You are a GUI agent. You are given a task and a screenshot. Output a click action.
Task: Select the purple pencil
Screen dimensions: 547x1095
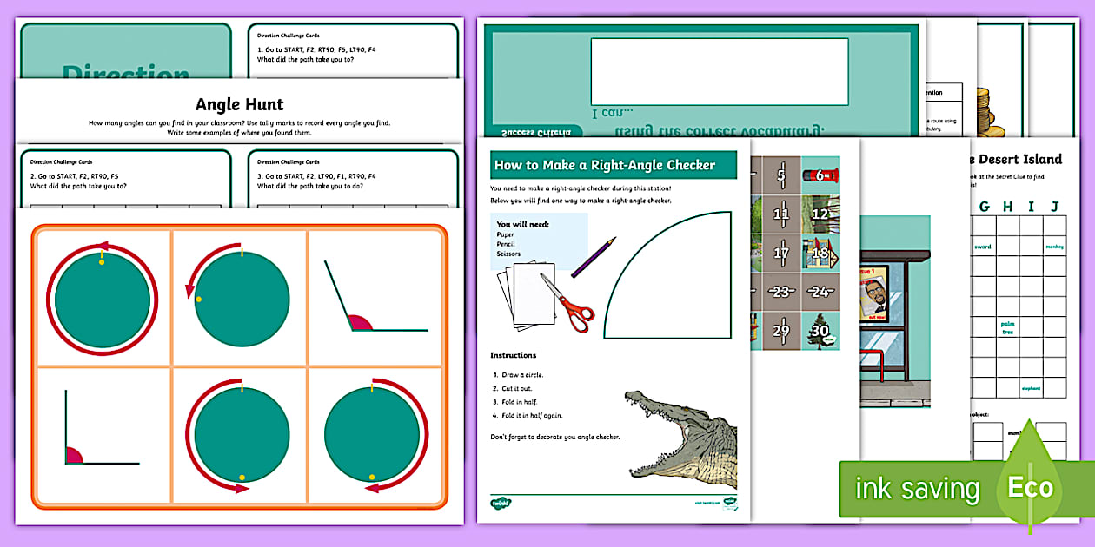coord(594,257)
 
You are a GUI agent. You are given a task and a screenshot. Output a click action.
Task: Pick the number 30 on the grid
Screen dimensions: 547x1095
coord(819,331)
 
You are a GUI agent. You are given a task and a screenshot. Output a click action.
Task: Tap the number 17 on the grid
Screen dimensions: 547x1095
coord(781,254)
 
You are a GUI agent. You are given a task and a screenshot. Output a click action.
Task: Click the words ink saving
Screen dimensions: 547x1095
coord(916,489)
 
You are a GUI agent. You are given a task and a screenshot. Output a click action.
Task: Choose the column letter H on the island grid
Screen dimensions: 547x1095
coord(1007,206)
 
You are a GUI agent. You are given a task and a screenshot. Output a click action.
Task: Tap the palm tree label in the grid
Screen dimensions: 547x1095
coord(1007,328)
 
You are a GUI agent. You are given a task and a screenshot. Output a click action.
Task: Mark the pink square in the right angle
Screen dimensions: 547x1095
coord(73,455)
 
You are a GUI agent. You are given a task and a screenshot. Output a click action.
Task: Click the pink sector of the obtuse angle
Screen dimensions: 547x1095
coord(361,323)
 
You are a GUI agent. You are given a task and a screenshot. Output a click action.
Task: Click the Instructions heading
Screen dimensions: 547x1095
coord(513,355)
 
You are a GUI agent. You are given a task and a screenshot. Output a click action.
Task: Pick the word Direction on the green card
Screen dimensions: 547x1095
coord(125,75)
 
